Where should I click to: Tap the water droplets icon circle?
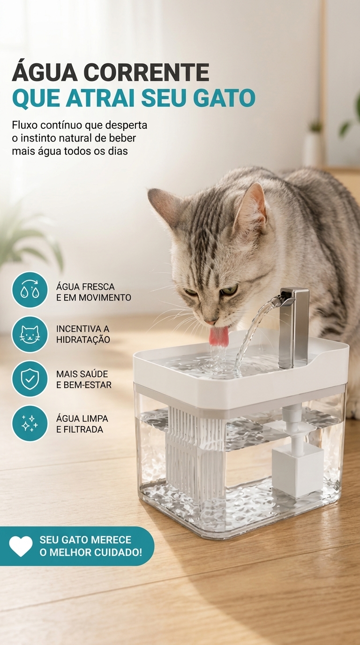click(30, 290)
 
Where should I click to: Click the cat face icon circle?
click(30, 334)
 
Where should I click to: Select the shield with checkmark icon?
click(30, 379)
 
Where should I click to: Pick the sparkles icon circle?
click(30, 423)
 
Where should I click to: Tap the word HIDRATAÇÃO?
click(83, 339)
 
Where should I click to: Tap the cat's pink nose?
click(210, 322)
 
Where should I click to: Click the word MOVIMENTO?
click(105, 298)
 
